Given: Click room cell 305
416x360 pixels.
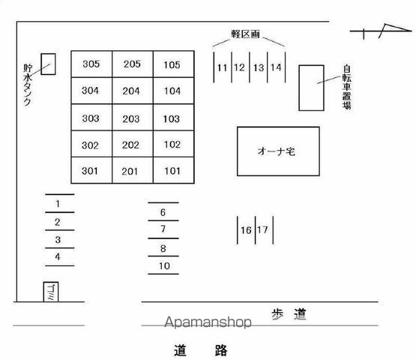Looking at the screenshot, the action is coord(91,64).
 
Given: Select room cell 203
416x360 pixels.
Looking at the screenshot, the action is coord(133,117).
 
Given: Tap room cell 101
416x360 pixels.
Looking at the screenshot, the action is coord(174,170).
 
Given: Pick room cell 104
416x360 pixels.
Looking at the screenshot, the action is coord(174,91).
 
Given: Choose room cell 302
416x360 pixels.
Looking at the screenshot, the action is coord(91,144).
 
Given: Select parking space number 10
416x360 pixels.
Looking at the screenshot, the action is coord(164,265).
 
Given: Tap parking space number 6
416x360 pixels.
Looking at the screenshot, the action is coord(163,212).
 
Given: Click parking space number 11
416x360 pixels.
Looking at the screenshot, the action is coord(223,67).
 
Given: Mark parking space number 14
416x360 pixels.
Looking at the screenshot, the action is coord(276,67).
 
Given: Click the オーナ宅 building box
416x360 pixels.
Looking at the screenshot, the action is coord(278,151).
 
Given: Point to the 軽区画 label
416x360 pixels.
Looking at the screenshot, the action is coord(245,34).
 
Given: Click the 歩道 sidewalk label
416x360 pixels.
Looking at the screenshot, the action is coord(289,314).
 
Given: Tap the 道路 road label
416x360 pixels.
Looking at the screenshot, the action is coord(201,350).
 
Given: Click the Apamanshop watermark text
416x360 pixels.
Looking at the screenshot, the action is coord(208,322).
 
